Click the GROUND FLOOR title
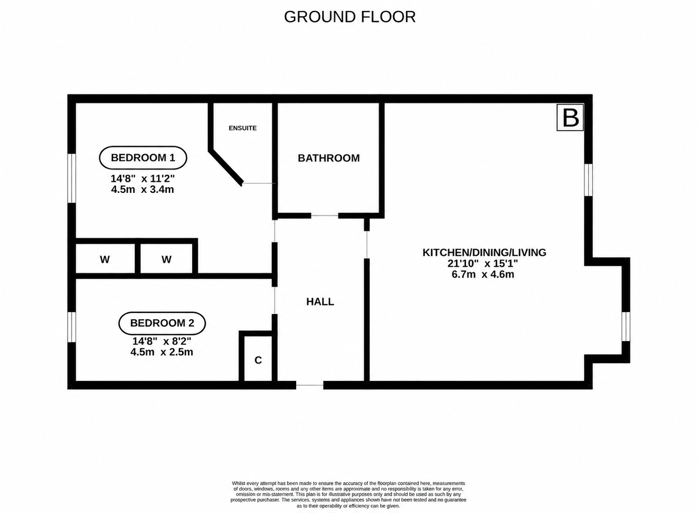pos(350,17)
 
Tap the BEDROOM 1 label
pos(143,157)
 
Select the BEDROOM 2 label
pos(162,323)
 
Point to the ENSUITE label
pos(242,128)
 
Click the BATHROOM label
pos(329,158)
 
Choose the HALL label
pos(320,302)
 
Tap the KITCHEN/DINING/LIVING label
pos(484,252)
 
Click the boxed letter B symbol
pos(570,117)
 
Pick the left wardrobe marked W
pos(105,259)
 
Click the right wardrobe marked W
pos(167,259)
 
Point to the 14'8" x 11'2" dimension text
pos(143,178)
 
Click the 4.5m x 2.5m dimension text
pos(162,352)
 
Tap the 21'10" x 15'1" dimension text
pos(483,264)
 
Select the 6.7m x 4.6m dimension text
pos(483,274)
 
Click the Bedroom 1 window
pos(72,178)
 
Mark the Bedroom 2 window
pos(72,327)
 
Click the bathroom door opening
pos(325,215)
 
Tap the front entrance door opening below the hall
pos(310,385)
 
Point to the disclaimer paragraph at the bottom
pos(348,494)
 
